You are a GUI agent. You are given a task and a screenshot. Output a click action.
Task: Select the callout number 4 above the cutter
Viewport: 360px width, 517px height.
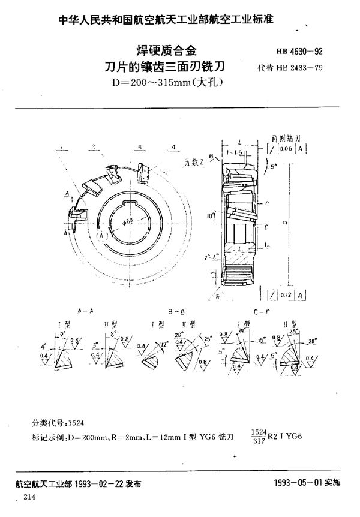tap(173, 148)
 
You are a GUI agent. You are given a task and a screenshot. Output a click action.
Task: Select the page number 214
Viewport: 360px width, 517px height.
tap(29, 498)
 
